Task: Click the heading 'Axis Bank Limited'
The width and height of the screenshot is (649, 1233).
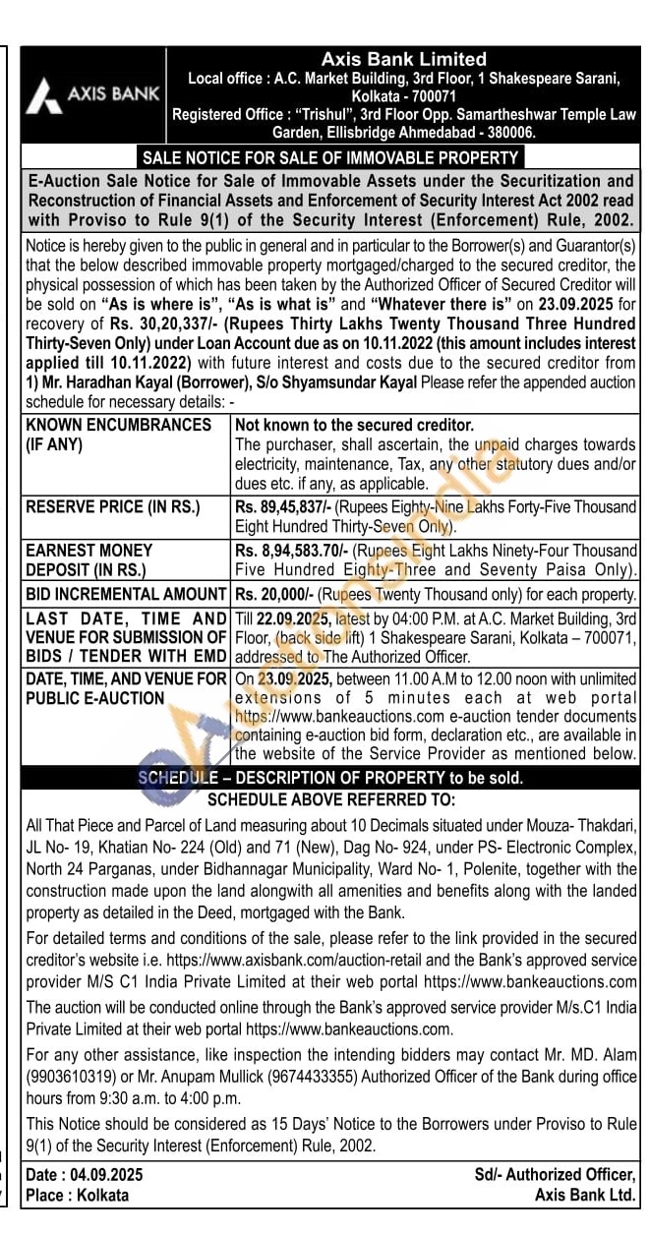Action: pyautogui.click(x=403, y=60)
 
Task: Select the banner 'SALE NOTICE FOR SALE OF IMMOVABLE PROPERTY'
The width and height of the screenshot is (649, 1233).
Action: pyautogui.click(x=330, y=157)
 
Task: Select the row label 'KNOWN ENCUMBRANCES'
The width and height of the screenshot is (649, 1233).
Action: pyautogui.click(x=119, y=425)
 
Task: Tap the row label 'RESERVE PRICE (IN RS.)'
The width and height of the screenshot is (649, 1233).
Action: pyautogui.click(x=112, y=507)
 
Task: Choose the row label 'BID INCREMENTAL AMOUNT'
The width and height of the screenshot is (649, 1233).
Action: pyautogui.click(x=126, y=594)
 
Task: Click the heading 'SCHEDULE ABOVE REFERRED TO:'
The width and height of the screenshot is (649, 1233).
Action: pyautogui.click(x=330, y=800)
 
